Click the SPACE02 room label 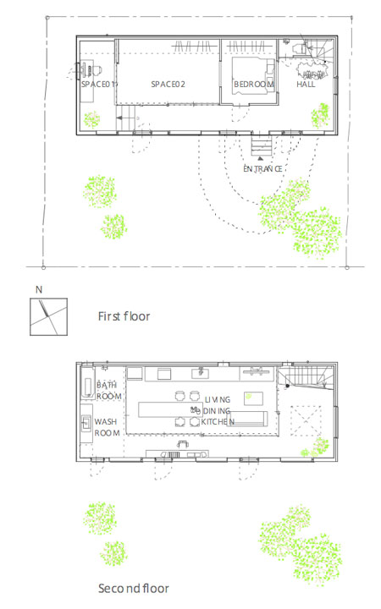[x=168, y=84]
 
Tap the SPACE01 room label [x=99, y=84]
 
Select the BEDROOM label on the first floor [x=254, y=85]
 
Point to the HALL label [x=306, y=85]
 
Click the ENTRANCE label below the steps [x=262, y=168]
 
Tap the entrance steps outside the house [x=261, y=144]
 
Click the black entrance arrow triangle [x=261, y=158]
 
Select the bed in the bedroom [x=252, y=76]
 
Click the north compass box [x=48, y=316]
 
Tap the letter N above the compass [x=39, y=290]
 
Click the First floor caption [x=124, y=316]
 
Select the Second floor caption [x=134, y=589]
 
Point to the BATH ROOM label [x=109, y=391]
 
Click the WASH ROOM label [x=107, y=427]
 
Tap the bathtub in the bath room [x=87, y=382]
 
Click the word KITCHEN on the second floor [x=218, y=422]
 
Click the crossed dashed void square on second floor [x=306, y=420]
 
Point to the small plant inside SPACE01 [x=91, y=119]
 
